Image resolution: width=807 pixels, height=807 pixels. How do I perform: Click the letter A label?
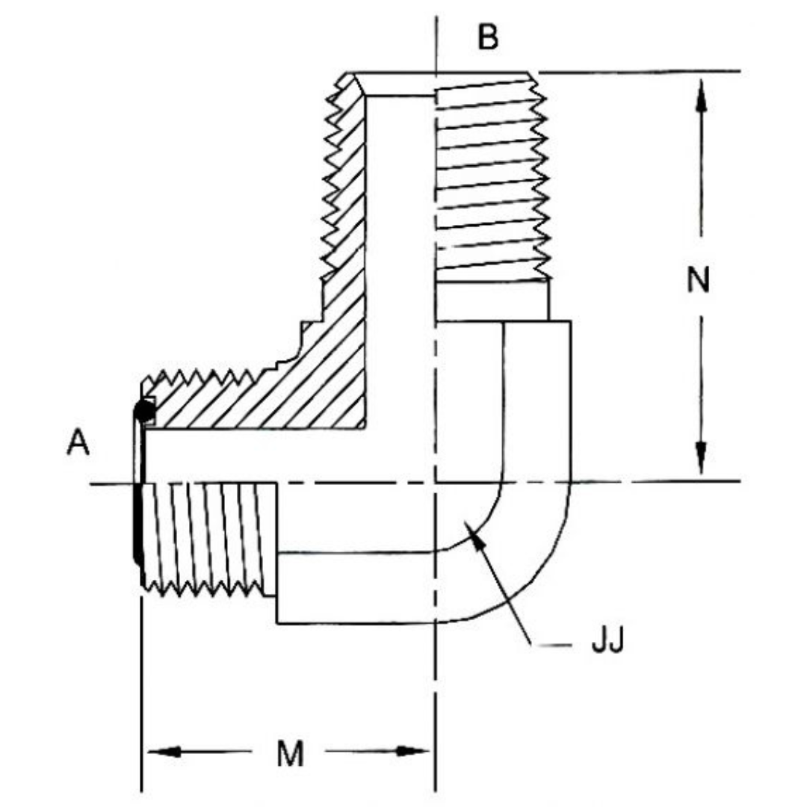pos(78,443)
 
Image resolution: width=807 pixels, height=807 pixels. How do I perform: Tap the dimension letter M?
pos(290,755)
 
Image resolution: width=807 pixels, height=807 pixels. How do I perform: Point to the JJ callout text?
pos(607,641)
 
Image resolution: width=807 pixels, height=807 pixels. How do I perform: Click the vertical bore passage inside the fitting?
pos(399,262)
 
